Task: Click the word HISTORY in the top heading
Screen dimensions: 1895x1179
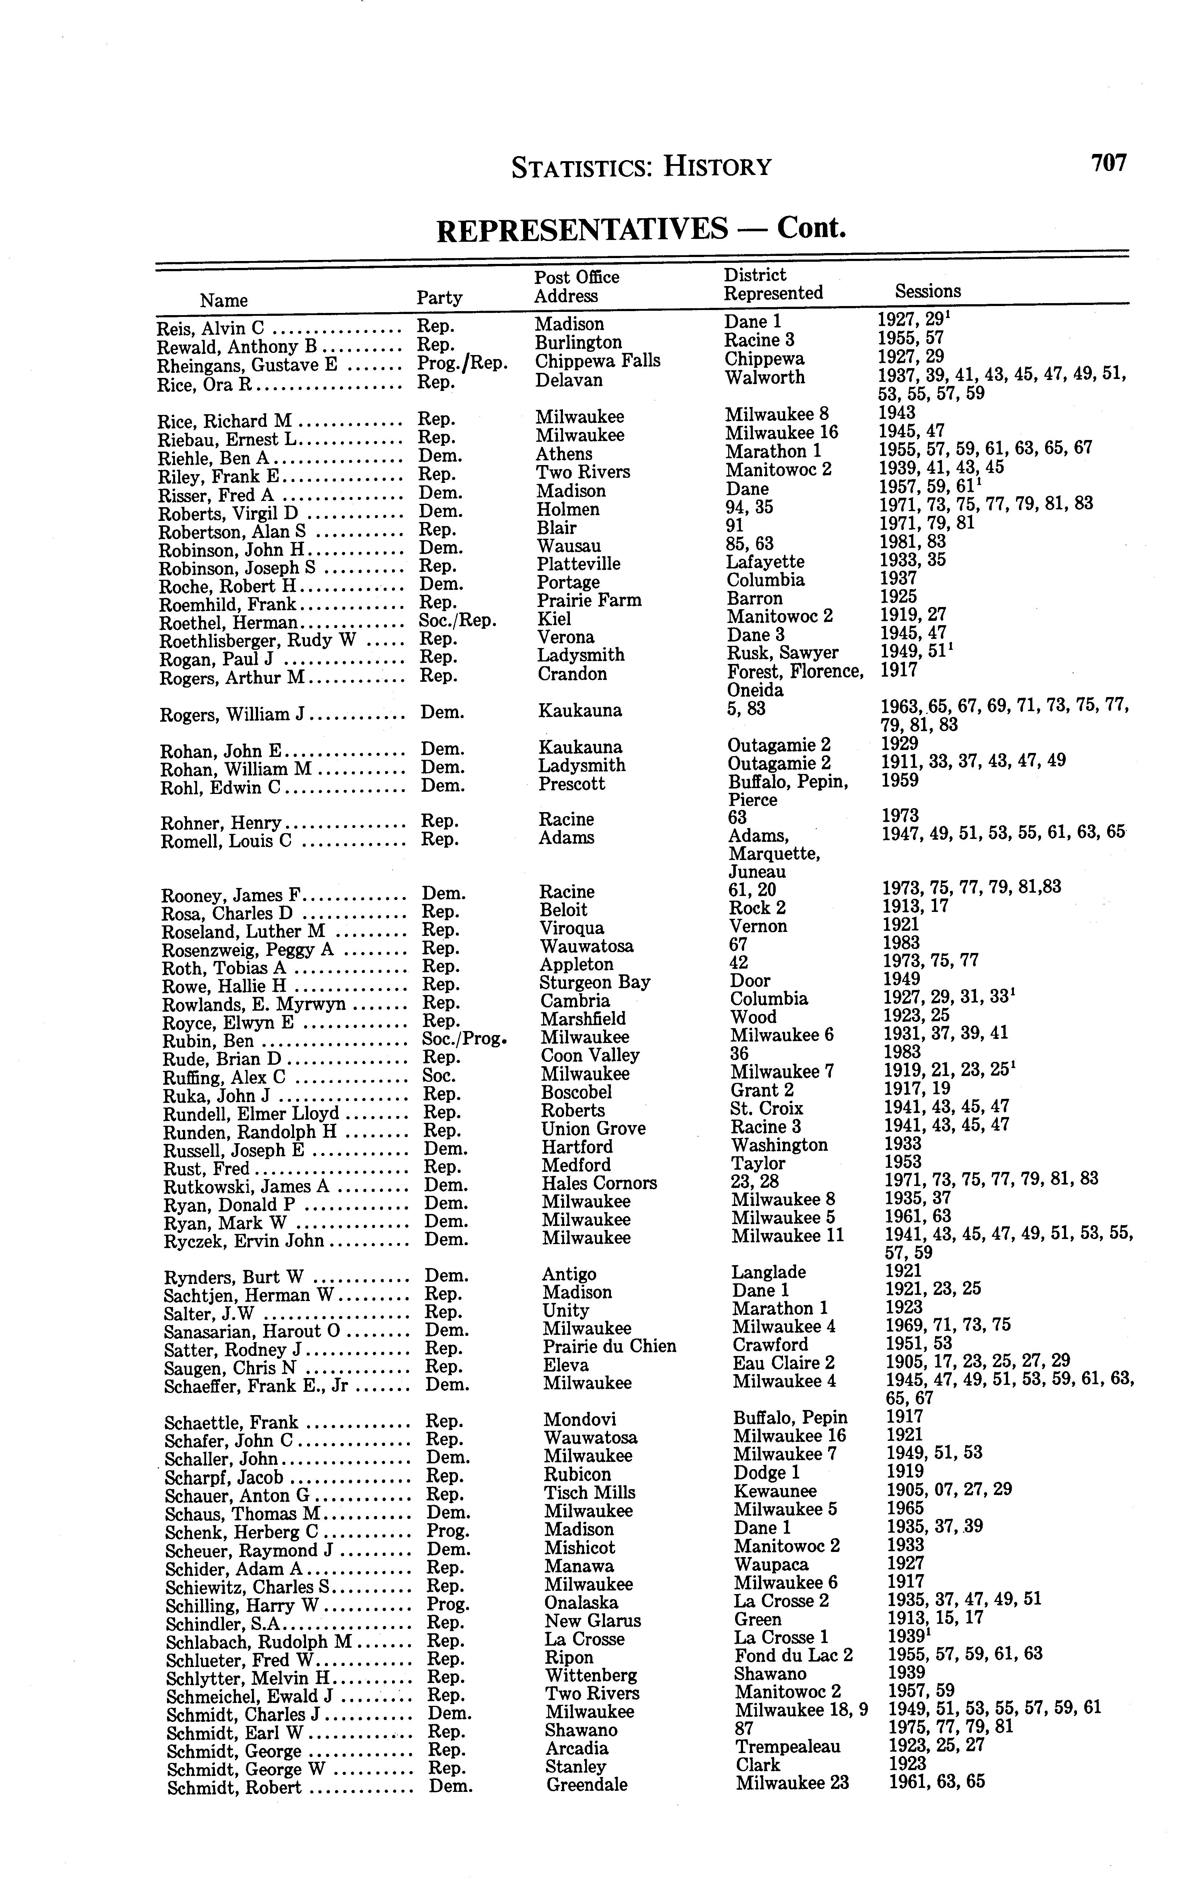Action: pos(717,167)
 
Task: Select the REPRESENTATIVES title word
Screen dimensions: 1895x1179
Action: pos(582,229)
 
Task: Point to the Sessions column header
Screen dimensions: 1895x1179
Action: pos(928,292)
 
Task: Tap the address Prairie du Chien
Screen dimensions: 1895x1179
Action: pos(609,1347)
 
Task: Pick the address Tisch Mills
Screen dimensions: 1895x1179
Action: pos(589,1493)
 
